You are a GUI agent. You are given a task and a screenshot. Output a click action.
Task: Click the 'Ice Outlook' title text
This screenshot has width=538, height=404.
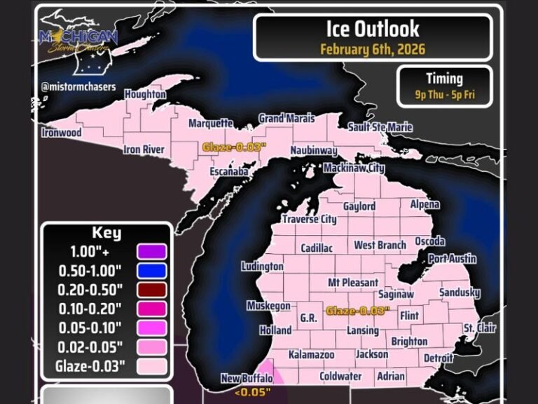pyautogui.click(x=373, y=29)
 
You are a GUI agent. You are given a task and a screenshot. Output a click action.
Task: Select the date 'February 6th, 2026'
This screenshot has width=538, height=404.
pyautogui.click(x=373, y=49)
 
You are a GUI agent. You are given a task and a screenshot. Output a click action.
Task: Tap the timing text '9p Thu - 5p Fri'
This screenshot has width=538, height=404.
pyautogui.click(x=444, y=94)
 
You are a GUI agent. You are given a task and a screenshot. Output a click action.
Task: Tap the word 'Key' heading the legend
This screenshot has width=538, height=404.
pyautogui.click(x=106, y=233)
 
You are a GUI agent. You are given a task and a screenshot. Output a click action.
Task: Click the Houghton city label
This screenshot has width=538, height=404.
pyautogui.click(x=145, y=94)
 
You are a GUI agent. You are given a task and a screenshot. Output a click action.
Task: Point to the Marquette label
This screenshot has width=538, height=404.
pyautogui.click(x=211, y=123)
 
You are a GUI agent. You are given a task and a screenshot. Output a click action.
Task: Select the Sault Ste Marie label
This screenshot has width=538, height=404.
pyautogui.click(x=380, y=127)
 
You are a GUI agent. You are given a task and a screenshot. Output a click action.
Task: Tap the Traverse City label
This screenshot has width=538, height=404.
pyautogui.click(x=309, y=219)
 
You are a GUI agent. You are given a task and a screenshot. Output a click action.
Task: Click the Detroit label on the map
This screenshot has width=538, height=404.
pyautogui.click(x=439, y=358)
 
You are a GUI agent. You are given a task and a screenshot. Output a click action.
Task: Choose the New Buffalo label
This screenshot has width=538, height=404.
pyautogui.click(x=247, y=379)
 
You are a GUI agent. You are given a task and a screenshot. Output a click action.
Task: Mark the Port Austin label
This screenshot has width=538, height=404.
pyautogui.click(x=452, y=259)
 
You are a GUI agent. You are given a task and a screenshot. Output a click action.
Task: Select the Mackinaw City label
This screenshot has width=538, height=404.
pyautogui.click(x=354, y=168)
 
